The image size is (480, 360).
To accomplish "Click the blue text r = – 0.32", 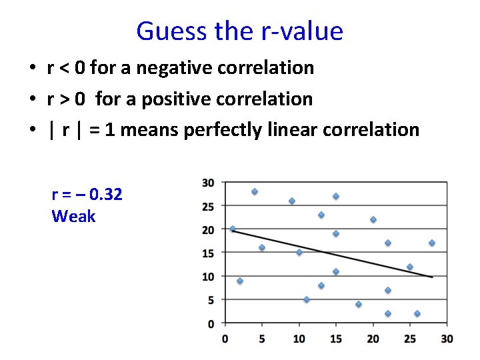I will [87, 194].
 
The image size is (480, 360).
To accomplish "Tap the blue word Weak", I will [73, 216].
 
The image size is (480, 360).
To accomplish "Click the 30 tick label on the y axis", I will [208, 183].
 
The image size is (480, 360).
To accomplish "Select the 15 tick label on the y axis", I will [208, 253].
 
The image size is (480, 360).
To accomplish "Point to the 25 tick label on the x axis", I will [410, 339].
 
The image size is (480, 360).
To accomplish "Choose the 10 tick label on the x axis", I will [299, 339].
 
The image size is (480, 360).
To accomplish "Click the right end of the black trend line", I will [432, 277].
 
